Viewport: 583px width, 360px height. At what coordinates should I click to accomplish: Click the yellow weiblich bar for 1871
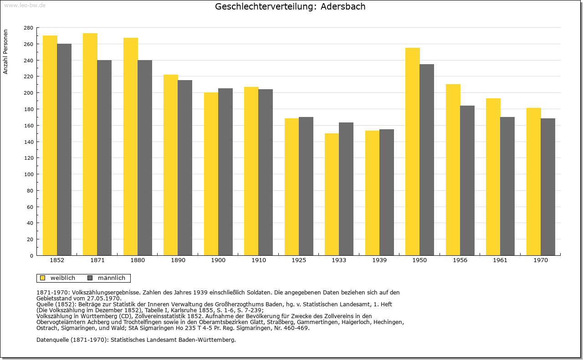pos(90,144)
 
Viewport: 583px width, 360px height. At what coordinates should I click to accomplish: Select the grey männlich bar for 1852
pos(64,150)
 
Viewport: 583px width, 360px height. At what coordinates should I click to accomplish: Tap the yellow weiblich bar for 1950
pos(413,152)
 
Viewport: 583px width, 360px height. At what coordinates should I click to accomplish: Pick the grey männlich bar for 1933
pos(346,189)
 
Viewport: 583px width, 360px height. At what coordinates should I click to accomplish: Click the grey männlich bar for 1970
pos(548,187)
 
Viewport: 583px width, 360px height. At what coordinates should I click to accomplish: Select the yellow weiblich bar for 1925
pos(292,187)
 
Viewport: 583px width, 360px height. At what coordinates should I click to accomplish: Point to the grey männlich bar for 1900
pos(225,172)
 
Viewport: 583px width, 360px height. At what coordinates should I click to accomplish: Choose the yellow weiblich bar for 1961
pos(493,177)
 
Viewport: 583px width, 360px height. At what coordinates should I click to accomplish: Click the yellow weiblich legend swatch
pos(43,278)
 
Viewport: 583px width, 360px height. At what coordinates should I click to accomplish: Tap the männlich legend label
pos(112,278)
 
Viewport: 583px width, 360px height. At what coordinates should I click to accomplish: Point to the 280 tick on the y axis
pos(37,28)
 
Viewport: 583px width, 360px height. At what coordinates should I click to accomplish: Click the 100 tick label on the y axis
pos(29,174)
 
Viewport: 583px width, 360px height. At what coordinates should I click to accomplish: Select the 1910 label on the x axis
pos(258,260)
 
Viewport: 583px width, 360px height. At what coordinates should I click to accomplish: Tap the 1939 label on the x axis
pos(379,260)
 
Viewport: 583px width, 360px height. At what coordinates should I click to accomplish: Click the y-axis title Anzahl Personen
pos(5,51)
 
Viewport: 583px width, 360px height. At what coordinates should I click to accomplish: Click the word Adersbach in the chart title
pos(343,6)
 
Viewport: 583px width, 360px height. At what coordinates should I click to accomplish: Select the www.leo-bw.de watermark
pos(25,5)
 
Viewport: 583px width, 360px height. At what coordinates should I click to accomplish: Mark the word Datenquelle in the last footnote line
pos(52,340)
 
